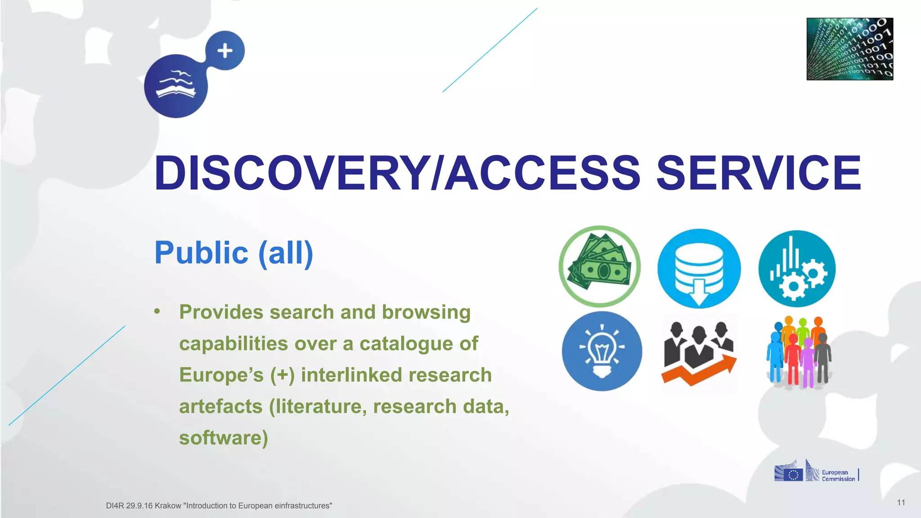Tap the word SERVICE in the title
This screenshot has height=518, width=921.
759,173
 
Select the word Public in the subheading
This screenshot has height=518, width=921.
201,253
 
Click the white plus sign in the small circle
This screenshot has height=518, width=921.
225,51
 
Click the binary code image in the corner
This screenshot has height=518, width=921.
849,49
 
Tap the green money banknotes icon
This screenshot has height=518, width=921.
599,266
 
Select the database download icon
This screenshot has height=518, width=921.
699,269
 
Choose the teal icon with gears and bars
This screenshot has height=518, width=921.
797,269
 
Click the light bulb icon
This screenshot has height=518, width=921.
602,351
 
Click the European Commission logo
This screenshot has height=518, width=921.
816,471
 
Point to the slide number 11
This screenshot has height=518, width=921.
901,503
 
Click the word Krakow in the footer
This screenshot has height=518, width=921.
168,506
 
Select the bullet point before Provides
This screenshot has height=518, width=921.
157,312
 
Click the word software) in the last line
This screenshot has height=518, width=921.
224,438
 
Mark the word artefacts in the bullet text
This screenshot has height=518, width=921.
221,406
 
